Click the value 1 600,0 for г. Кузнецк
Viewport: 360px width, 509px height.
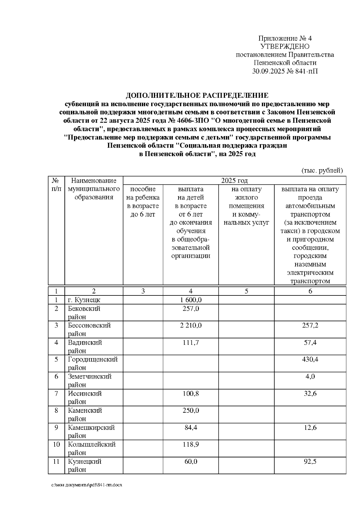point(191,300)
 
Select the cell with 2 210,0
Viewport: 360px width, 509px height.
point(191,325)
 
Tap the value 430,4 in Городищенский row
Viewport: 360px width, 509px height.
point(310,359)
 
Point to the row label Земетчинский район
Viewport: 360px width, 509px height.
point(90,380)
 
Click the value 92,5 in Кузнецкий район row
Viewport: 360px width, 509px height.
point(310,461)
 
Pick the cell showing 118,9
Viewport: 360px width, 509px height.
point(191,444)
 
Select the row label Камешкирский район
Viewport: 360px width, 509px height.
point(91,431)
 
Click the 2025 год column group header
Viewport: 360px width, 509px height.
point(234,180)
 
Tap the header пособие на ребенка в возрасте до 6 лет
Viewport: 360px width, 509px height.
point(143,202)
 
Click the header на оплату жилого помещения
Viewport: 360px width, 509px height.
point(246,206)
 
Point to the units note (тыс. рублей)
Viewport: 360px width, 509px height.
point(322,171)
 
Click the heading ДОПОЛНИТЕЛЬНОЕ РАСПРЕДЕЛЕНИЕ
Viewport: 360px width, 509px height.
point(197,96)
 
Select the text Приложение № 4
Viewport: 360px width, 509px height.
point(285,38)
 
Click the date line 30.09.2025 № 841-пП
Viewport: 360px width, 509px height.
point(285,71)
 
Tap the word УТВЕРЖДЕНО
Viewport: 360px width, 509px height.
point(285,46)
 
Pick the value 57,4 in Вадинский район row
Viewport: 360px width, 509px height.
point(310,343)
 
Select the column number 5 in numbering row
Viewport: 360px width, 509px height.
point(246,291)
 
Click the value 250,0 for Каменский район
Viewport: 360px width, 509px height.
point(191,410)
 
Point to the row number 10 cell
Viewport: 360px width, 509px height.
point(56,444)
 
